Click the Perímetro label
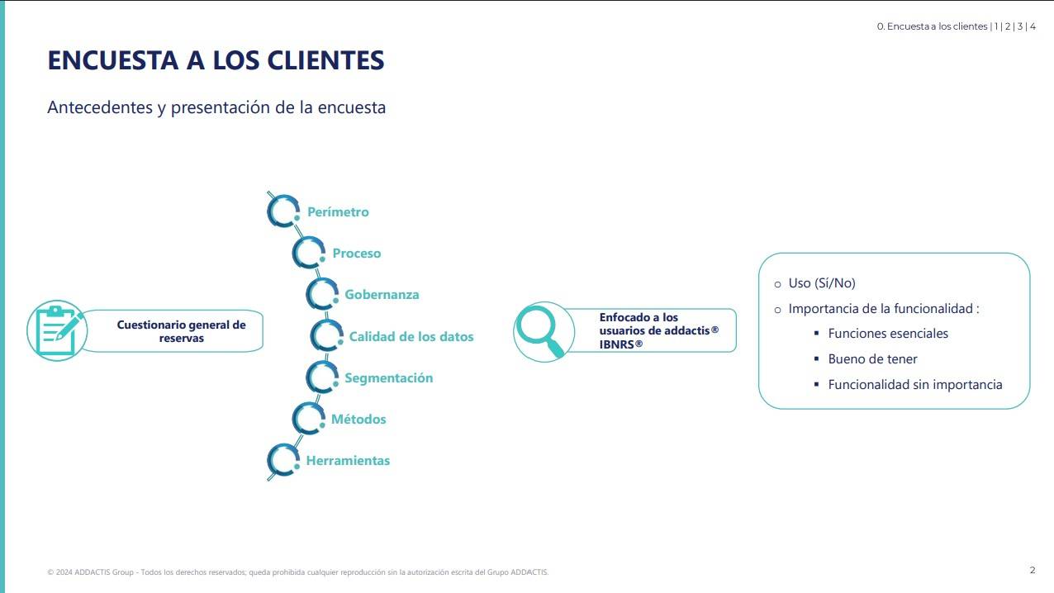click(x=338, y=212)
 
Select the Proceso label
click(x=357, y=254)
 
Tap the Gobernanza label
click(x=382, y=295)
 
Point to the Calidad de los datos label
click(x=411, y=336)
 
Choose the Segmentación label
click(x=389, y=378)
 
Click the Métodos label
click(x=358, y=419)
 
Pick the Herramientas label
click(x=349, y=460)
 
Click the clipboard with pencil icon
click(x=57, y=331)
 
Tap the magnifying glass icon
click(x=539, y=330)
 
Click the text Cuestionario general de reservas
click(x=181, y=331)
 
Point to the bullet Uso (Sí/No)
click(x=822, y=283)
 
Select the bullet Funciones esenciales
click(x=888, y=334)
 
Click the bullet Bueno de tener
click(x=872, y=359)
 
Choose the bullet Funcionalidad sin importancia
click(x=914, y=385)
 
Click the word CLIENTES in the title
click(x=325, y=60)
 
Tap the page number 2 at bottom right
click(x=1033, y=570)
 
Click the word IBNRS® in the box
click(x=620, y=344)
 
